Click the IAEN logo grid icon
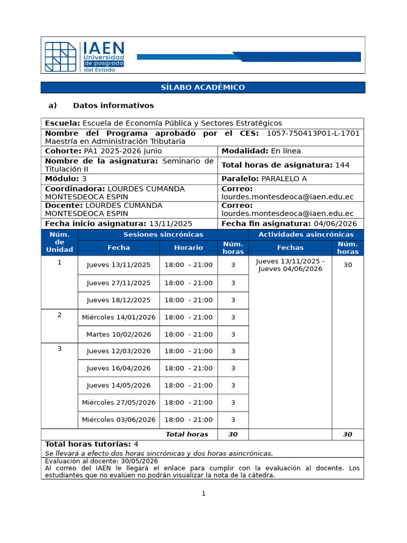click(61, 56)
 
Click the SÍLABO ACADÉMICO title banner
click(203, 87)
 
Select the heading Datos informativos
click(113, 106)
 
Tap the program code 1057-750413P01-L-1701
click(313, 133)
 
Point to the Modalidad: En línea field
click(261, 151)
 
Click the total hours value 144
click(342, 165)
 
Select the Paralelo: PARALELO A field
click(264, 179)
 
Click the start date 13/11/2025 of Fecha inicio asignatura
click(171, 224)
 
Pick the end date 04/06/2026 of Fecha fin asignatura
click(335, 224)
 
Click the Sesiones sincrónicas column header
click(163, 234)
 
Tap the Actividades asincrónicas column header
click(306, 234)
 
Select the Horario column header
click(188, 248)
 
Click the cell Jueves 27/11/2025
click(119, 283)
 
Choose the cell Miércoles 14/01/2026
click(119, 317)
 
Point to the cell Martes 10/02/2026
click(119, 334)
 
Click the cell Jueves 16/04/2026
click(119, 368)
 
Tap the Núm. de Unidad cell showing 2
click(59, 315)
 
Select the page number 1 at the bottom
click(203, 494)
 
